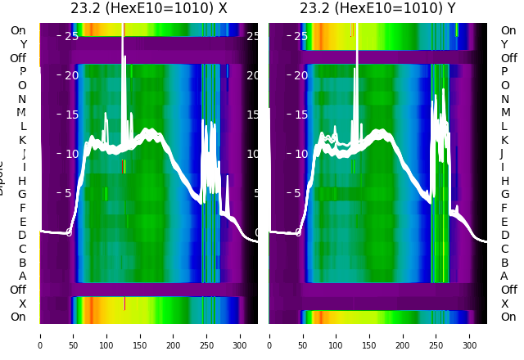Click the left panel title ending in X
[149, 8]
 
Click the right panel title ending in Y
[377, 8]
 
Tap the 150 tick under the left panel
[140, 335]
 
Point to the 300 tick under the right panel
[470, 335]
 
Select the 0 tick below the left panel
[39, 335]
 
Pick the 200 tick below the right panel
[403, 335]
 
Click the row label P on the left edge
[23, 72]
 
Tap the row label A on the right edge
[504, 277]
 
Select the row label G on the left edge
[22, 195]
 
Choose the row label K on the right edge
[504, 140]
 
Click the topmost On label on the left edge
[18, 31]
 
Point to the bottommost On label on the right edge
[508, 317]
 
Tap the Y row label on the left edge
[23, 45]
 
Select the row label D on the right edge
[504, 236]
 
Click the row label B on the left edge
[23, 263]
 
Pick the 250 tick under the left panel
[207, 335]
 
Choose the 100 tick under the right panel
[336, 335]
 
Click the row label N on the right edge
[504, 99]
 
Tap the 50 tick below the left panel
[73, 335]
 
